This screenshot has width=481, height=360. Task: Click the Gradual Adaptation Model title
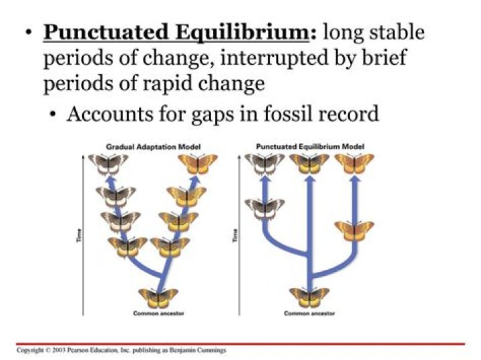tap(154, 146)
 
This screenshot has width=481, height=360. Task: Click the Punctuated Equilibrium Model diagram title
tap(306, 146)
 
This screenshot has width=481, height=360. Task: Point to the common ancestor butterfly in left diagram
tap(158, 296)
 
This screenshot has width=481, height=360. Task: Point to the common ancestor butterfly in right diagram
tap(309, 296)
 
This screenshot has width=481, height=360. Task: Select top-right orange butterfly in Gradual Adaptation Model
tap(198, 162)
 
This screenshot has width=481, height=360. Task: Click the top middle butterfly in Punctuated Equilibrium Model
tap(309, 162)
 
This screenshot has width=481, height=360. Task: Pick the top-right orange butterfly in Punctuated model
tap(354, 162)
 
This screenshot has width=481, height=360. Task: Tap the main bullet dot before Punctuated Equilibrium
tap(28, 33)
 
